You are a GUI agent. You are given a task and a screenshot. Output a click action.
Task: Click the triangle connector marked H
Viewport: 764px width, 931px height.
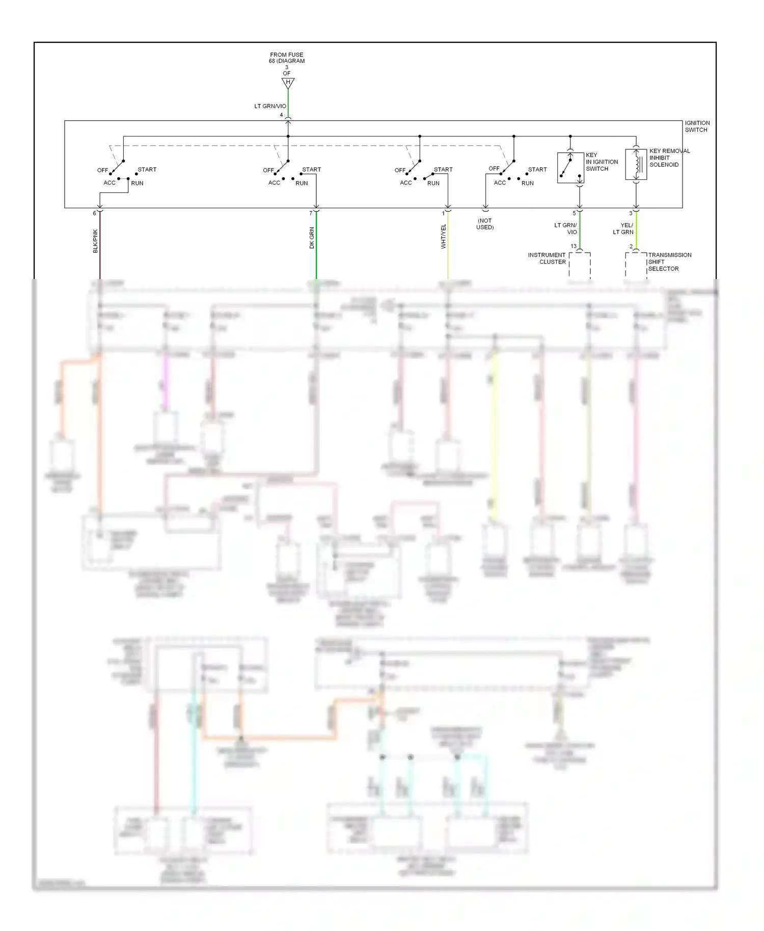(288, 83)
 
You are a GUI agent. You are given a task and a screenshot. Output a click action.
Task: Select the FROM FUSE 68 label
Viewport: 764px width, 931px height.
(287, 58)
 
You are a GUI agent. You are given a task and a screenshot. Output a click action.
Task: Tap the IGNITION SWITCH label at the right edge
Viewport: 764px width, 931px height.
(697, 126)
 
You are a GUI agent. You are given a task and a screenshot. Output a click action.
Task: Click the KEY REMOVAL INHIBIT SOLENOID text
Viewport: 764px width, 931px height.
(669, 158)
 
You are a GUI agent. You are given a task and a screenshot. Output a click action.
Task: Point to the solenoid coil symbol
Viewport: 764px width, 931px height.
(636, 165)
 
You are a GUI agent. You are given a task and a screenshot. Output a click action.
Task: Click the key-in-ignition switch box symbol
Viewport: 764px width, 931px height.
(570, 168)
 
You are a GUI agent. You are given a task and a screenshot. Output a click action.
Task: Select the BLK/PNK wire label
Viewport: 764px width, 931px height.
(95, 241)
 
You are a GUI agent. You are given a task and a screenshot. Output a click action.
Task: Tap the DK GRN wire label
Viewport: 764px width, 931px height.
(312, 237)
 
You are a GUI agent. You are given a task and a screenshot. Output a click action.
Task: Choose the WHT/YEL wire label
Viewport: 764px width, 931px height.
(444, 236)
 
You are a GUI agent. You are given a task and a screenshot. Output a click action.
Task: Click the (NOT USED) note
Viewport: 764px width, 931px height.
(485, 224)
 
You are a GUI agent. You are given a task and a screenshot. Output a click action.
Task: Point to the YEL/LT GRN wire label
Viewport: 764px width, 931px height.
(624, 229)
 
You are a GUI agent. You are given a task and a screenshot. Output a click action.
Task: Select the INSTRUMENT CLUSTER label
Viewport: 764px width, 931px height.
(547, 258)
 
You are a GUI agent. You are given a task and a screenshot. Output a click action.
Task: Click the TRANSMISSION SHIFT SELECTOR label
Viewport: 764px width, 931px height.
(669, 262)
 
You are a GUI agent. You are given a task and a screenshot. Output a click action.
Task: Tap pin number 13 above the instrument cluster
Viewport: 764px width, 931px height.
(574, 247)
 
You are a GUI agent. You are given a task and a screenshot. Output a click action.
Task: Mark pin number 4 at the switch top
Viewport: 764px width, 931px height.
(281, 115)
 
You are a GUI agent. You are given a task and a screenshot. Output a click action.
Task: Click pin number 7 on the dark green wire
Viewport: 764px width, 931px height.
(311, 213)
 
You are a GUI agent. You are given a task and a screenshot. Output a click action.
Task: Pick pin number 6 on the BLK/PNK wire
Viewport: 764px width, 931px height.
(94, 213)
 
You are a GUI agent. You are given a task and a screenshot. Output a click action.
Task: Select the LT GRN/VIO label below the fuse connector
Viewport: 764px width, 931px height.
(270, 106)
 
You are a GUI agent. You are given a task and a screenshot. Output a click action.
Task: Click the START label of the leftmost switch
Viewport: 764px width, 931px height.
(147, 170)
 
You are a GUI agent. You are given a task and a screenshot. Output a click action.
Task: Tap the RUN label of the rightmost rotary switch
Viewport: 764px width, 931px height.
(527, 183)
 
